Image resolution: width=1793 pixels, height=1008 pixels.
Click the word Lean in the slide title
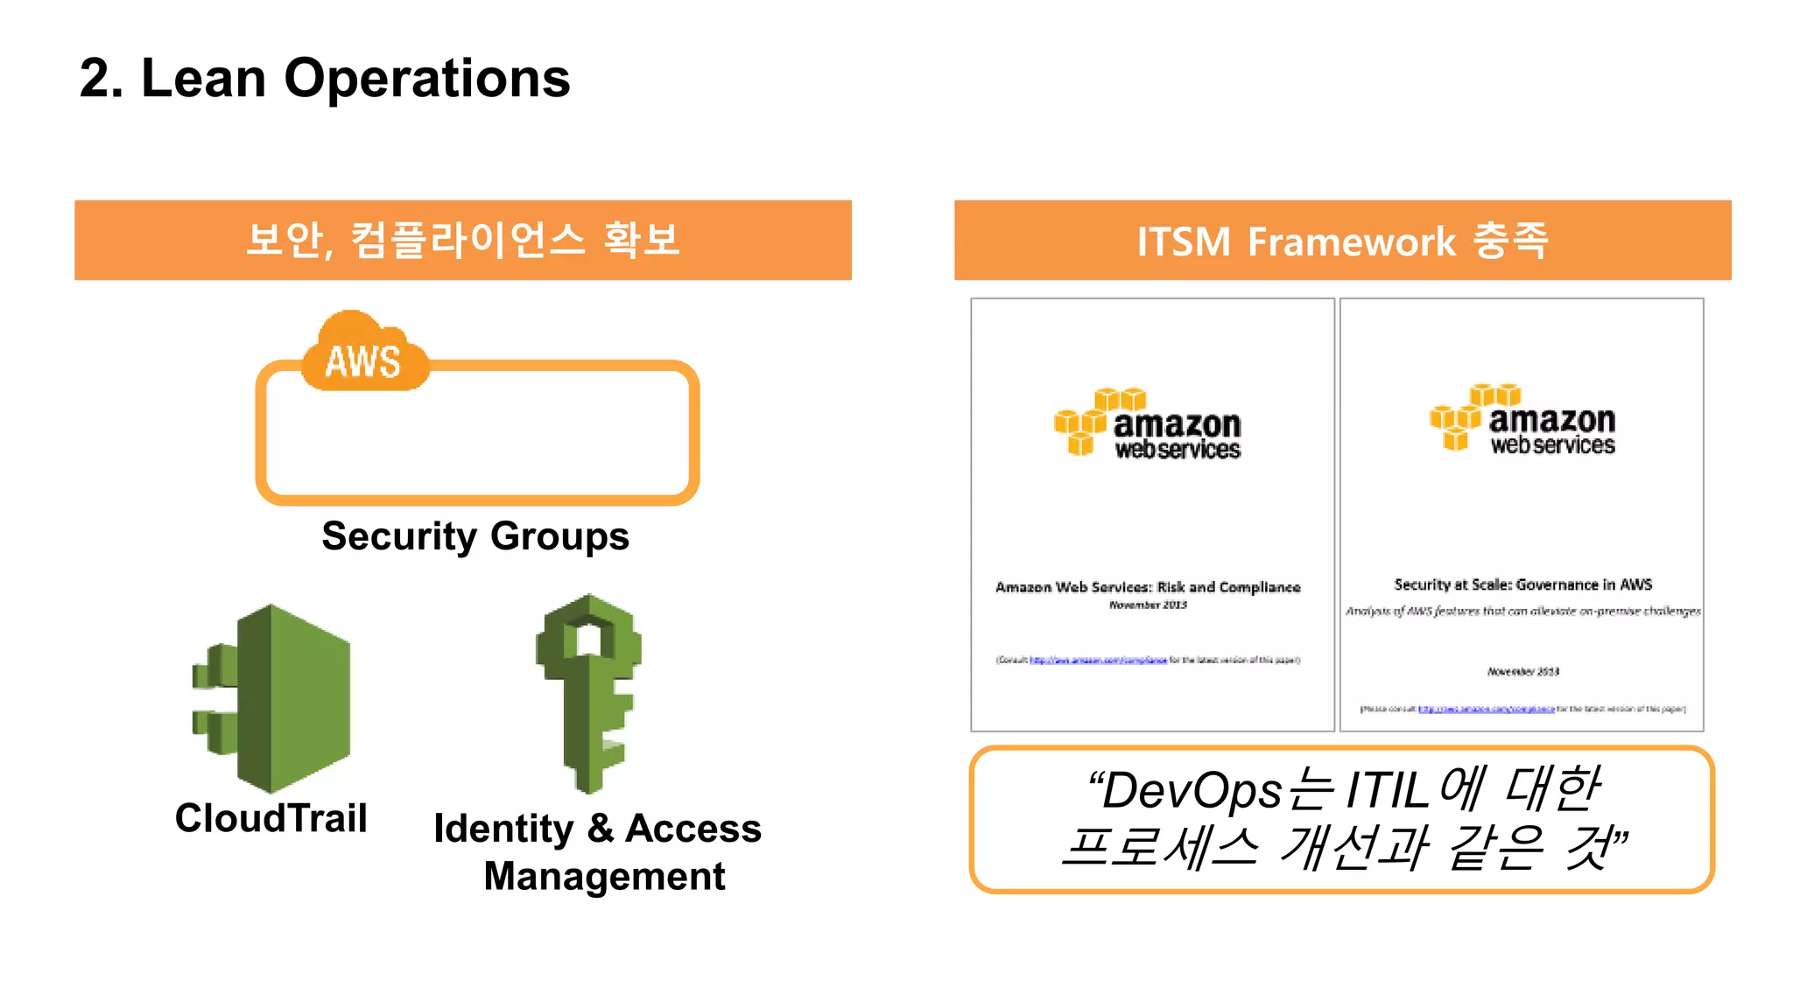point(203,79)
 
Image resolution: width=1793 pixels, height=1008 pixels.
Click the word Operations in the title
point(427,79)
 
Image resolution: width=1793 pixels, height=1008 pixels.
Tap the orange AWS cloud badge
point(363,355)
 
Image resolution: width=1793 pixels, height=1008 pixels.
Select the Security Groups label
point(475,536)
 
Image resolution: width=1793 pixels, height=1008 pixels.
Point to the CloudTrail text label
point(271,819)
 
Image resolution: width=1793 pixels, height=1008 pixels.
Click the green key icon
point(589,691)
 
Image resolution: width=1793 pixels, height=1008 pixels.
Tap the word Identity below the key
point(503,829)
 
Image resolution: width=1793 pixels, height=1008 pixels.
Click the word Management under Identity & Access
point(604,877)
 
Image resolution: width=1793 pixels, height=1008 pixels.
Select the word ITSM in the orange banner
point(1184,241)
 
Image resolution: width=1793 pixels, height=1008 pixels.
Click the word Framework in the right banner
point(1351,241)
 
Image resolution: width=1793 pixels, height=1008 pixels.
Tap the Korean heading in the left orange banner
point(463,240)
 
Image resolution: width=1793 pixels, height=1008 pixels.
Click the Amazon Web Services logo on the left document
point(1148,424)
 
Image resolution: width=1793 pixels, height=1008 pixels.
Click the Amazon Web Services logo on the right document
point(1522,420)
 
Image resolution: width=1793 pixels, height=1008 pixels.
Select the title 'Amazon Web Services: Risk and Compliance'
point(1148,587)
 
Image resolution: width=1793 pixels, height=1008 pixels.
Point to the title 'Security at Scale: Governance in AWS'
point(1522,584)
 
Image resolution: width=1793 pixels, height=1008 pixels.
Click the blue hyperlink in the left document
point(1098,660)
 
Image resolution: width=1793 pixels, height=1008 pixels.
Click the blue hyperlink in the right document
point(1486,709)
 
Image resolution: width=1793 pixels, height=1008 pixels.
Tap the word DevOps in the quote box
point(1192,791)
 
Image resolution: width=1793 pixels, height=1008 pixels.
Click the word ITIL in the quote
point(1388,791)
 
